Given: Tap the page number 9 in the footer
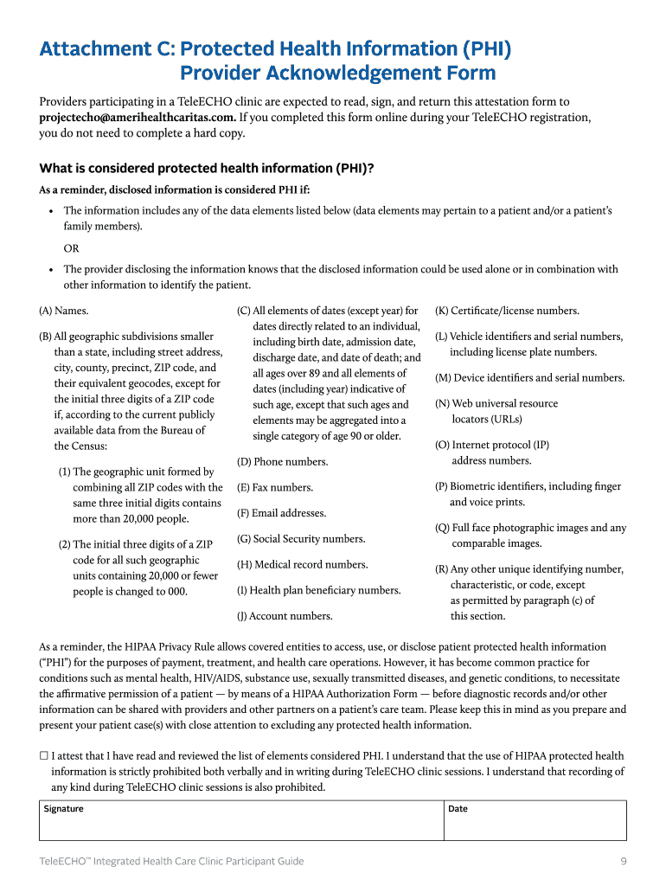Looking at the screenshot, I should pos(623,861).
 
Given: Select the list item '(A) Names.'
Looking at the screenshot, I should pos(64,311).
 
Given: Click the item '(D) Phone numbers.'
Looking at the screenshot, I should pos(282,462).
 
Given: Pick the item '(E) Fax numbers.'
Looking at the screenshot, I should pos(275,488).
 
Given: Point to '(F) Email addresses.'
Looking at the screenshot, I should pos(281,513).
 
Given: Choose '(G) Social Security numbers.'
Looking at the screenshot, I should pos(301,539).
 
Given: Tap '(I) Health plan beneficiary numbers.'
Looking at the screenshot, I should pos(318,590).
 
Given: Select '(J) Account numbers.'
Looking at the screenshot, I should pos(285,616).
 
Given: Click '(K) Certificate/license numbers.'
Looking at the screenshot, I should pos(507,311).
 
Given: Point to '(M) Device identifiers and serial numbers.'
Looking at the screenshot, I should pos(529,378).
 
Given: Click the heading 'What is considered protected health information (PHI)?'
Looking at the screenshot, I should pos(207,169).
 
